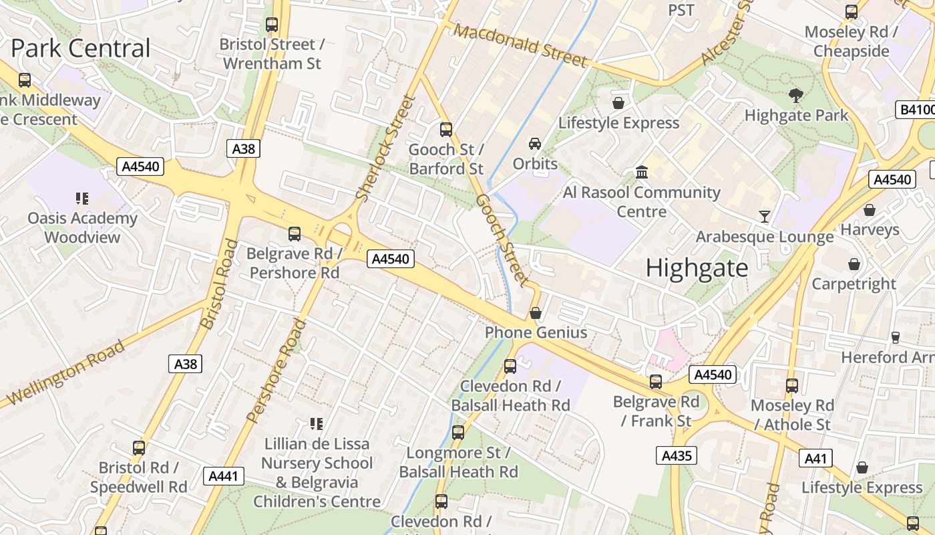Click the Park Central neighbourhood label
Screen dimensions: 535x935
(x=81, y=48)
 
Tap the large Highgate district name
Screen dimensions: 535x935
(x=697, y=267)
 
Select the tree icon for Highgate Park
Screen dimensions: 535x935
(x=795, y=96)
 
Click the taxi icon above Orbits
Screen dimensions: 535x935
(x=535, y=143)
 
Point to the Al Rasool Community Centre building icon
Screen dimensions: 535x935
(x=642, y=172)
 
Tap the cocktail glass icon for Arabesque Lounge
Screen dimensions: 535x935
(x=765, y=217)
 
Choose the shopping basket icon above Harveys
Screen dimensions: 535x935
(x=870, y=210)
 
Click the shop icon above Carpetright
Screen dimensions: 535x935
(x=854, y=264)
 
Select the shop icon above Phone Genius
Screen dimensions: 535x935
(x=536, y=312)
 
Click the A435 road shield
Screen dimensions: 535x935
(x=676, y=455)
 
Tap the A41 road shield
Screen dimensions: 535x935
(x=815, y=458)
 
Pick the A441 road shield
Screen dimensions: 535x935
(x=223, y=476)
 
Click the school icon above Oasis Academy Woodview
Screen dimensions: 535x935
(x=82, y=198)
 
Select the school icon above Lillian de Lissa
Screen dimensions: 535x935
(x=317, y=423)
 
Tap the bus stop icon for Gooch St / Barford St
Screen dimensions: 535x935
(x=446, y=129)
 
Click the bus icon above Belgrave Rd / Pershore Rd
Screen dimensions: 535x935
(x=295, y=233)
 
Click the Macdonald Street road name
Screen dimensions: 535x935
(x=521, y=45)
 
